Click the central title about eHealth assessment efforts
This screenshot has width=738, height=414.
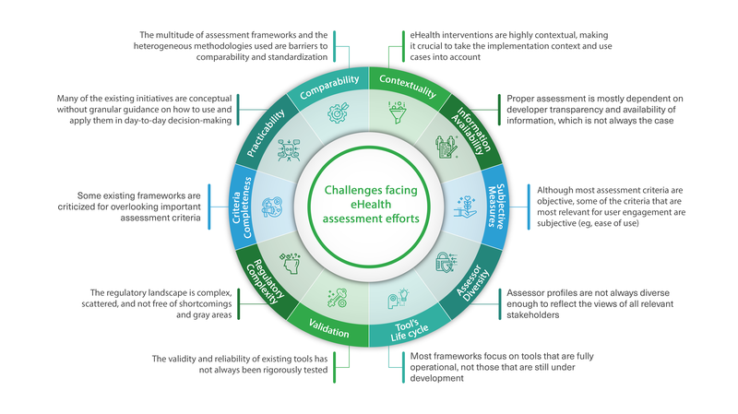[368, 204]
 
